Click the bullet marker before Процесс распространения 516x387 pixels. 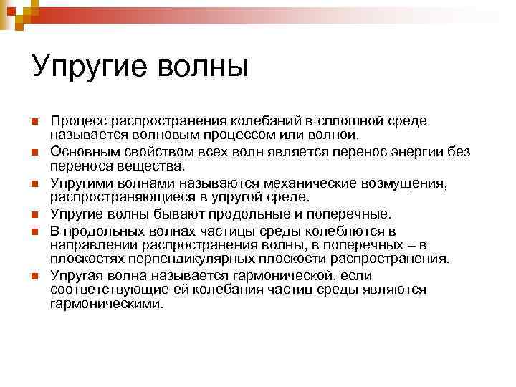pos(36,122)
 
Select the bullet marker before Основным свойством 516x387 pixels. pos(36,153)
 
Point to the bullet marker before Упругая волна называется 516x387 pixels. pos(36,275)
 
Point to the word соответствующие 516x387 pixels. pos(100,290)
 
